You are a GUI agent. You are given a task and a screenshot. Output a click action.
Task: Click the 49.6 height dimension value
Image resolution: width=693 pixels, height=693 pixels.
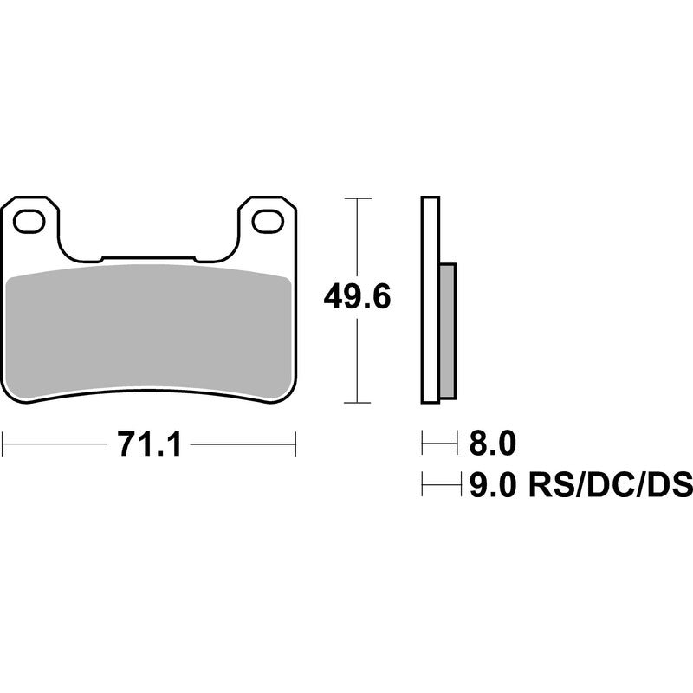(x=357, y=297)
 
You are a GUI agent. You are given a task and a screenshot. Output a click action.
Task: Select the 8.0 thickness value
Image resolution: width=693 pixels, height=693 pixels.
(x=492, y=445)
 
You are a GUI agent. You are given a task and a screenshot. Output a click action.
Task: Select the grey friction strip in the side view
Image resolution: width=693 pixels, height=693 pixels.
(x=447, y=331)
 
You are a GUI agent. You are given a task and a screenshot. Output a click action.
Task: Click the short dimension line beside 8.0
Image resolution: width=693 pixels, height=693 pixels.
(x=438, y=445)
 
